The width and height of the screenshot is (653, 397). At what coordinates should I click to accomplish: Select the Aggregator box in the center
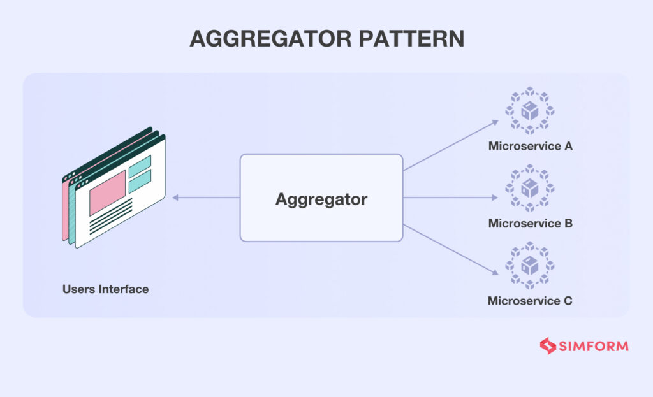point(321,198)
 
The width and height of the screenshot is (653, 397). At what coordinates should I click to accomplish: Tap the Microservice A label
point(530,146)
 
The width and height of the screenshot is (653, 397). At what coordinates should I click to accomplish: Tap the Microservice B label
point(530,224)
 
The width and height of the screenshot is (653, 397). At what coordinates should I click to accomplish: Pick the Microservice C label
point(530,301)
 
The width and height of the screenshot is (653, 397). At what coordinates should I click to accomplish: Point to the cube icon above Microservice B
point(529,189)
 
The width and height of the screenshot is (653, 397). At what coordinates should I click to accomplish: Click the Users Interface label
point(105,289)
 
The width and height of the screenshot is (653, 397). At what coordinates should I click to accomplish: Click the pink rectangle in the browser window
point(107,192)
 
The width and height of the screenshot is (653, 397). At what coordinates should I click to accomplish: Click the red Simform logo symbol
point(548,346)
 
